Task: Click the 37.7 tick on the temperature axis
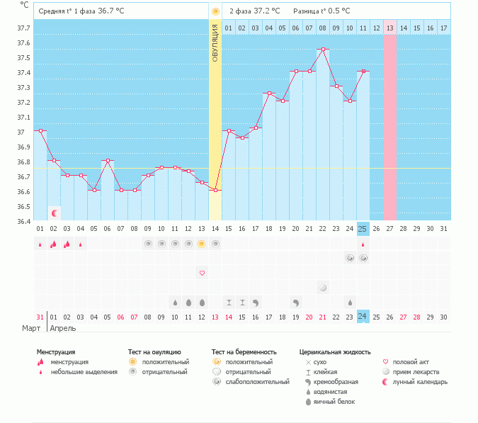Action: click(23, 28)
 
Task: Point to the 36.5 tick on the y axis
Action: click(23, 207)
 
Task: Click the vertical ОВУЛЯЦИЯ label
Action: click(215, 43)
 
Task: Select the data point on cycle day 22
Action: click(323, 50)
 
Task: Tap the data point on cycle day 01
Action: click(40, 131)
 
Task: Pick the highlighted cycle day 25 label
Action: click(363, 228)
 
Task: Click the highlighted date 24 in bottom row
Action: click(363, 316)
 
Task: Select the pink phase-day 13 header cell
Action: click(389, 28)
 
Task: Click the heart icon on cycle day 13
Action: click(202, 273)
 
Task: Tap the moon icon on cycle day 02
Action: click(54, 213)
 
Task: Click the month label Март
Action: click(30, 328)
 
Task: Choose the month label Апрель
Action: click(62, 328)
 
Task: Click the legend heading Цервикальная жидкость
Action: click(335, 351)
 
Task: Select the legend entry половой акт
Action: click(410, 361)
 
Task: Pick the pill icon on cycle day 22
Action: click(323, 288)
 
